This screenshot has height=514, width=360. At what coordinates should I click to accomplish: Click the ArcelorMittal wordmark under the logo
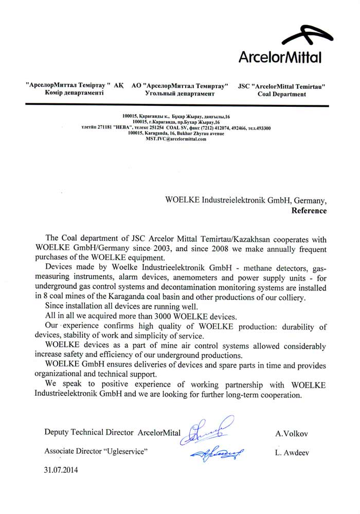280,57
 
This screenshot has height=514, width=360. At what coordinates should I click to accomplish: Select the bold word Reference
309,210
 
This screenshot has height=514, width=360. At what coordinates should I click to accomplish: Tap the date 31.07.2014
62,469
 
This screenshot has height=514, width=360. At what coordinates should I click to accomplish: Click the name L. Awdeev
292,452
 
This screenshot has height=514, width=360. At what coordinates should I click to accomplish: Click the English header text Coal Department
281,95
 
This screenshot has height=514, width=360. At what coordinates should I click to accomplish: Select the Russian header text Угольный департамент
179,95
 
